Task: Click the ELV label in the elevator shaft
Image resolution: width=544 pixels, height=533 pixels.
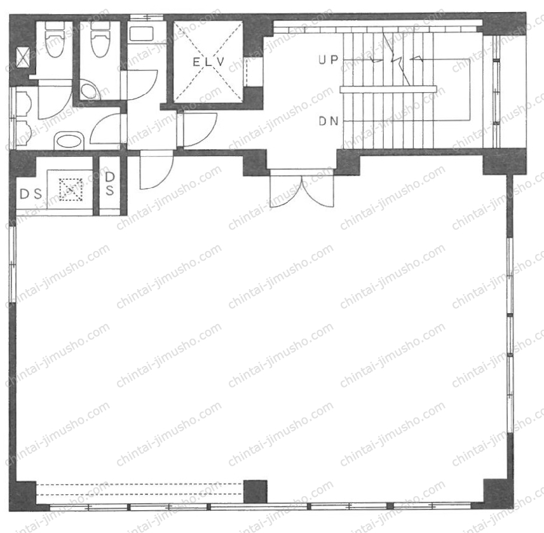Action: coord(208,62)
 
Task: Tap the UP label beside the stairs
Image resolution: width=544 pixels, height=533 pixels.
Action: coord(328,60)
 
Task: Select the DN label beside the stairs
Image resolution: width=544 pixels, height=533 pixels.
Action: coord(328,121)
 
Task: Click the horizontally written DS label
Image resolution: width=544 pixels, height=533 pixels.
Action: coord(31,194)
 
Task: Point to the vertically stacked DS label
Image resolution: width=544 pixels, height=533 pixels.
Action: coord(110,184)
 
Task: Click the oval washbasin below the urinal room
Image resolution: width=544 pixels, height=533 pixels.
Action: coord(69,141)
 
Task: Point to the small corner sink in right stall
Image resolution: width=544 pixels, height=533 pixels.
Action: coord(90,90)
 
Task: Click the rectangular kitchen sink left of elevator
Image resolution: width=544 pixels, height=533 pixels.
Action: coord(141,34)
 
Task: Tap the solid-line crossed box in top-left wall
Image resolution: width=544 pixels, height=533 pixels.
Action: coord(23,58)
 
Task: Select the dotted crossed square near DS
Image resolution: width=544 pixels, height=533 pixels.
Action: coord(71,190)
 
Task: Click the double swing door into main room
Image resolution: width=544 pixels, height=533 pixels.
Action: coord(302,189)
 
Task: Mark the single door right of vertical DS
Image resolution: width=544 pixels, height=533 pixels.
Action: coord(156,170)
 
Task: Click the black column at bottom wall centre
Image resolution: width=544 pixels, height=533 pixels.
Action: coord(255,491)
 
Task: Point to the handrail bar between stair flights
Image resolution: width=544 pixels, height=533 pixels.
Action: coord(388,89)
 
